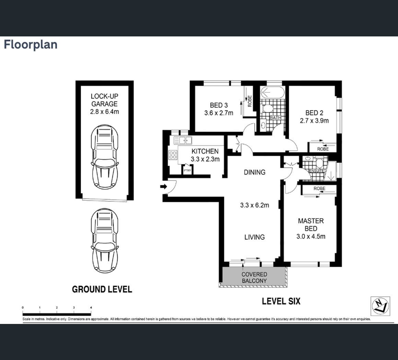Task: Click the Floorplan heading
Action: click(x=31, y=44)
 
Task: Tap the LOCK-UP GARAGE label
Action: click(x=104, y=100)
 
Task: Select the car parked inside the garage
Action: click(x=105, y=157)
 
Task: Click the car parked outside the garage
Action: click(x=105, y=240)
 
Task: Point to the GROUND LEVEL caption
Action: click(x=102, y=289)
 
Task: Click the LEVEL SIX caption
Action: click(x=281, y=301)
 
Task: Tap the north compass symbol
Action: click(x=380, y=306)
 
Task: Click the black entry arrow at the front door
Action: click(x=163, y=187)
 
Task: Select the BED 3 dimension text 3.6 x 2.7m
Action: click(x=219, y=113)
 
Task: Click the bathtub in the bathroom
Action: click(x=273, y=92)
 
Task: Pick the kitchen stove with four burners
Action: click(x=173, y=155)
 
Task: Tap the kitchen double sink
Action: click(x=183, y=140)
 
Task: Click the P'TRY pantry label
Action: click(x=187, y=170)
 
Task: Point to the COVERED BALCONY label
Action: click(x=254, y=278)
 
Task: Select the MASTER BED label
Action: click(x=311, y=225)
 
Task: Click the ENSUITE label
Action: click(x=317, y=171)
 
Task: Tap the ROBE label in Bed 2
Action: click(x=323, y=149)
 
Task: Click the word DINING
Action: click(x=255, y=172)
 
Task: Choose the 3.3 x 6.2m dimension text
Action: click(x=255, y=205)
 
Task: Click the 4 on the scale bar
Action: click(x=91, y=308)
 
